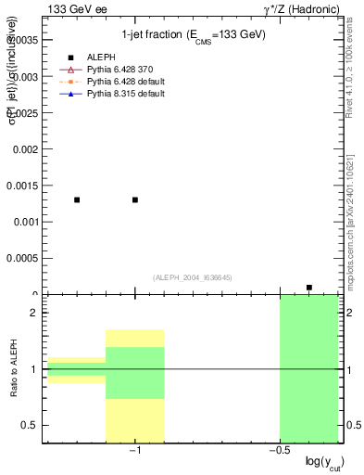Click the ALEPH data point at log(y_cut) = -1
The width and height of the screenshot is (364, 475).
(135, 199)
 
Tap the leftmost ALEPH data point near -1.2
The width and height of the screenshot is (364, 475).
(77, 199)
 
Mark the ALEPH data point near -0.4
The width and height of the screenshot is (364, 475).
(309, 288)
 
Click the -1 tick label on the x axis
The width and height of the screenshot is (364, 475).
(134, 451)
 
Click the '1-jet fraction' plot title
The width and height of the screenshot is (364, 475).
(194, 34)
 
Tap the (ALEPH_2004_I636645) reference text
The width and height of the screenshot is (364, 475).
(193, 277)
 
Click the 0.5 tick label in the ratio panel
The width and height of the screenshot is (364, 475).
(30, 425)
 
